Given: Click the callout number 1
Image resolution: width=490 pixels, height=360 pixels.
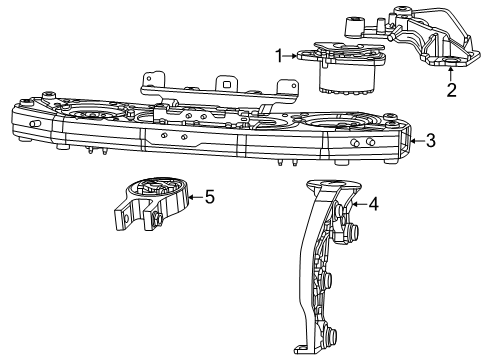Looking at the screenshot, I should [280, 57].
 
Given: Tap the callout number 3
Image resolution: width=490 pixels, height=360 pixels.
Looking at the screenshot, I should [430, 141].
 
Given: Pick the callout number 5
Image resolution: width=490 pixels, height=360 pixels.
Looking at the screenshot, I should [209, 197].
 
